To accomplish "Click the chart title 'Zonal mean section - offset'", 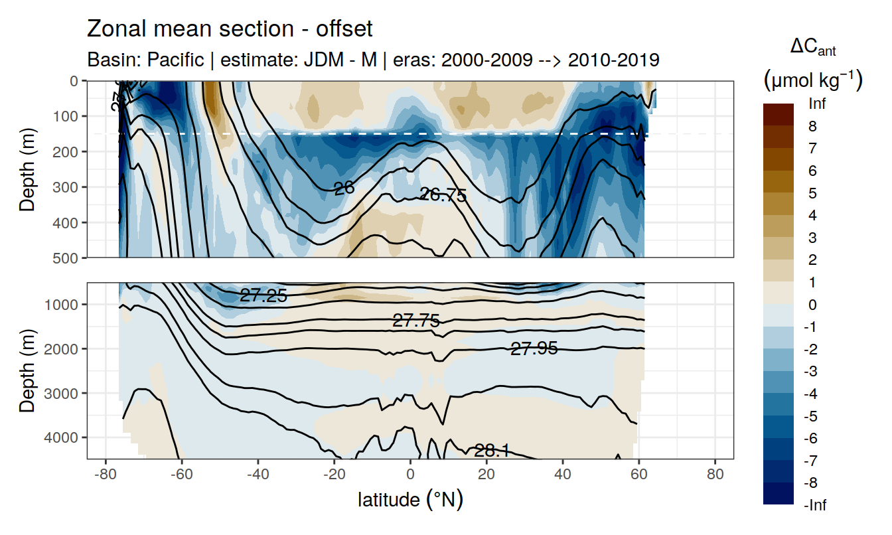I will click(230, 30).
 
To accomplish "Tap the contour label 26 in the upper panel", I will click(344, 189).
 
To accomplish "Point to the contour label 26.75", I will click(443, 195).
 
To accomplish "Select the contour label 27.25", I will click(263, 296).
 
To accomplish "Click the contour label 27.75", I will click(416, 321).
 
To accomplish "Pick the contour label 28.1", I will click(492, 451).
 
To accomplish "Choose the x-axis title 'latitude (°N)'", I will click(410, 499).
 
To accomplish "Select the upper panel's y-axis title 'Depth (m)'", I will click(27, 170).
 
